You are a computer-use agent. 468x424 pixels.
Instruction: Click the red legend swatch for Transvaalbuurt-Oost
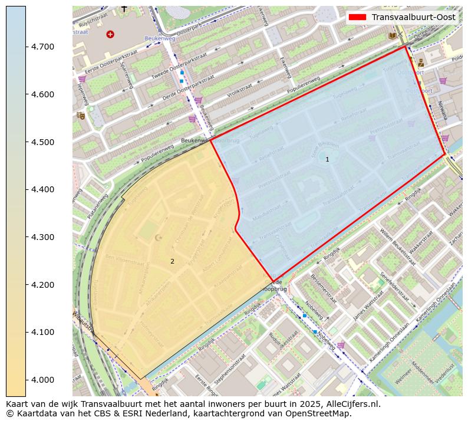click(x=357, y=17)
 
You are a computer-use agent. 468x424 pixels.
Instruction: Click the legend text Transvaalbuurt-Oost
click(x=414, y=17)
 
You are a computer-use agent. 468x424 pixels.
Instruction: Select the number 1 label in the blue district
click(x=327, y=159)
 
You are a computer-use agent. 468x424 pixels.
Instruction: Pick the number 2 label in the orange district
click(x=172, y=261)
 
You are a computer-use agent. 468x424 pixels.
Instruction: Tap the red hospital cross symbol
click(x=110, y=34)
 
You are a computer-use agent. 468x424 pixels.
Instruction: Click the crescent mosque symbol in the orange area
click(x=157, y=238)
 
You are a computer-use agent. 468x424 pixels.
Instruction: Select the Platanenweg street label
click(x=97, y=206)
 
